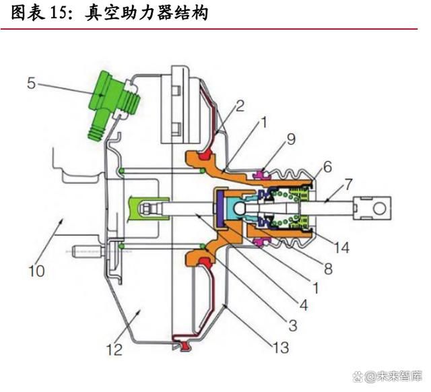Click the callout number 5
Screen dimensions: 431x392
tap(32, 83)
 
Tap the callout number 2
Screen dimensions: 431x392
tap(240, 106)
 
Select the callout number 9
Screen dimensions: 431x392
tap(291, 139)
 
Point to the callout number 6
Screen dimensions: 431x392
tap(328, 167)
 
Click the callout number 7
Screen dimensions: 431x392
tap(348, 185)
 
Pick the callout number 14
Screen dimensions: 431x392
tap(341, 247)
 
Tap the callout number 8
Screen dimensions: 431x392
tap(328, 269)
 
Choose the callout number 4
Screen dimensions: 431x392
tap(304, 305)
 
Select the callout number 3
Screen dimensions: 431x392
tap(293, 325)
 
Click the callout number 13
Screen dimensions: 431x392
tap(281, 348)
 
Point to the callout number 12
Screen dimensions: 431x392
tap(114, 350)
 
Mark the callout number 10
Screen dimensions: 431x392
tap(36, 271)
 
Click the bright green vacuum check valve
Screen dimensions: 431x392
tap(114, 105)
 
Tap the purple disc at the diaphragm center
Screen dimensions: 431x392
tap(220, 209)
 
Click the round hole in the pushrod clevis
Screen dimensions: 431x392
tap(379, 208)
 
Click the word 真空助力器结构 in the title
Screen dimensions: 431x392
tap(147, 13)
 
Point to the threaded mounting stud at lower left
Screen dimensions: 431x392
tap(88, 251)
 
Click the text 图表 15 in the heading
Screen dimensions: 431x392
tap(39, 13)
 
